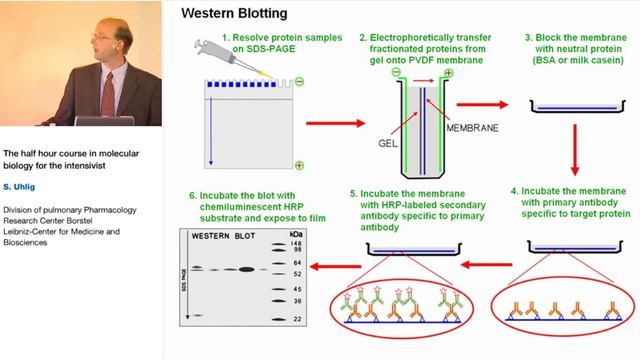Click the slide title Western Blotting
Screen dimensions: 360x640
[x=234, y=14]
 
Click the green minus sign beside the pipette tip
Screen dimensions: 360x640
[x=299, y=80]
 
